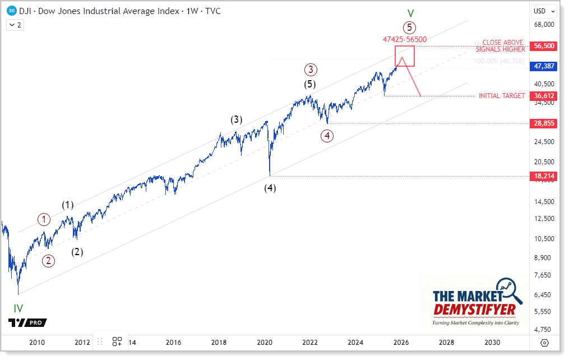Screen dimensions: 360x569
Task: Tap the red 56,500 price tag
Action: [x=543, y=46]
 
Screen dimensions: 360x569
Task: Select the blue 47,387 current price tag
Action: [x=543, y=66]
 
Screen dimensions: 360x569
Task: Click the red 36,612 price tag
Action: [x=543, y=96]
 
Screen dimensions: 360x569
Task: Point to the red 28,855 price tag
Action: [x=543, y=123]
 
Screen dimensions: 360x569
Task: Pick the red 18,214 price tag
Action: [x=543, y=176]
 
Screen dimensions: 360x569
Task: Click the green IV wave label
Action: [x=18, y=308]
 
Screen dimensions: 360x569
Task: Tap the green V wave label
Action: [x=410, y=12]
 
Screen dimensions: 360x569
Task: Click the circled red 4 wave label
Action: [x=327, y=136]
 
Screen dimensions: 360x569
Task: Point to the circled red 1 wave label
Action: [x=44, y=220]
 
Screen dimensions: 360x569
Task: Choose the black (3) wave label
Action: [x=237, y=119]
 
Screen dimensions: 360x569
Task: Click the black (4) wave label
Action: [x=270, y=188]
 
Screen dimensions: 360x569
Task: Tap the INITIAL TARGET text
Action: [x=501, y=96]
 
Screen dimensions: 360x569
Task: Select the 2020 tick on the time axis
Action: [x=265, y=342]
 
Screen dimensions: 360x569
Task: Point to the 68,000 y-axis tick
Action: [x=543, y=25]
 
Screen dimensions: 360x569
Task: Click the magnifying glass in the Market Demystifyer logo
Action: [x=506, y=289]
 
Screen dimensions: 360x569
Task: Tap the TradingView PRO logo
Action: [x=27, y=322]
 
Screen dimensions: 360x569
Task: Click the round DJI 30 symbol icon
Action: [x=12, y=11]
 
